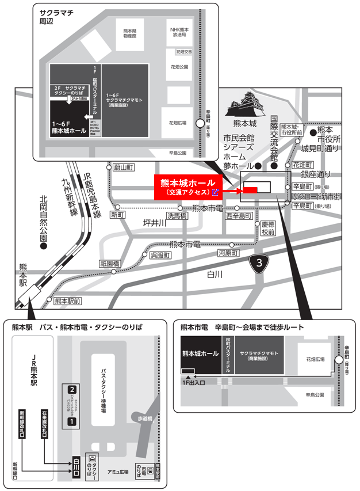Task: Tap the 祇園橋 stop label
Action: (109, 263)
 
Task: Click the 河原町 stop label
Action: (228, 253)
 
